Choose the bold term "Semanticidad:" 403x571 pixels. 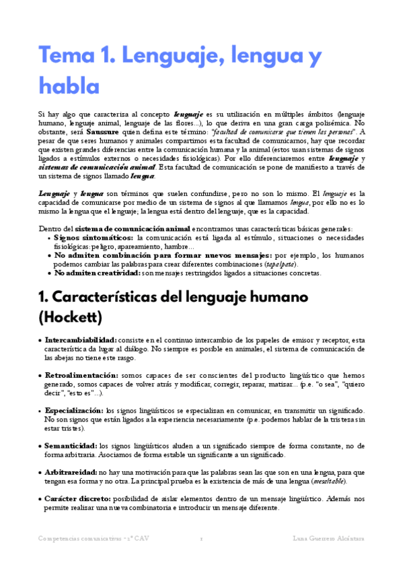[x=70, y=445]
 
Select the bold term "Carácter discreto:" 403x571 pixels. [x=80, y=500]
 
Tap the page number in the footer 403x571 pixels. [x=201, y=539]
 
